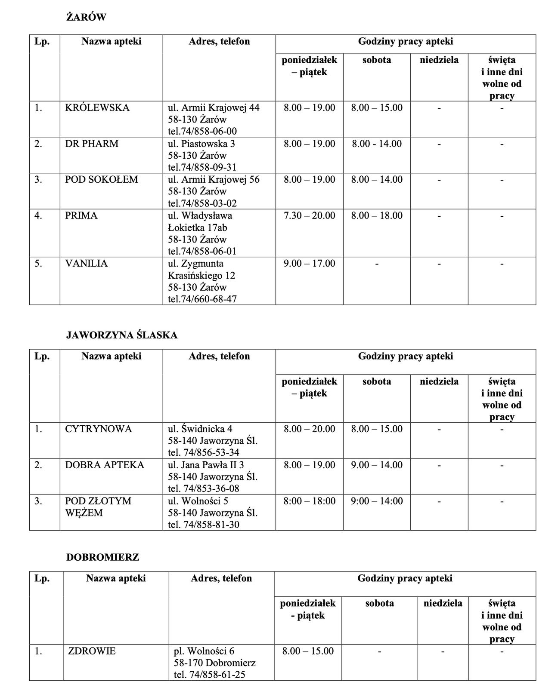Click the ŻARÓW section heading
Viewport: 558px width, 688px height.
86,17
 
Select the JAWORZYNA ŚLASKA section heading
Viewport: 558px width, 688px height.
122,335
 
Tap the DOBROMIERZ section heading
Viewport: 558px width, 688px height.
102,557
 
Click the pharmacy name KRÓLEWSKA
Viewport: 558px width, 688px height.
97,107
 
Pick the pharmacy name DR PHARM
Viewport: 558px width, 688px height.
92,144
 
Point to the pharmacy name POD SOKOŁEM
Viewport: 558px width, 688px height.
102,179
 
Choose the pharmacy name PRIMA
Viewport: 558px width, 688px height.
81,215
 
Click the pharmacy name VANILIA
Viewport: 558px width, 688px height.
86,263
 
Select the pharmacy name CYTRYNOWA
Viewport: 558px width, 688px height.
98,429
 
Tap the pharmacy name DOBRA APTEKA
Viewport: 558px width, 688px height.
105,465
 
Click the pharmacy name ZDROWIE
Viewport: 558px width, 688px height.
92,651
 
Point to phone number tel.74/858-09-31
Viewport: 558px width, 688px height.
202,167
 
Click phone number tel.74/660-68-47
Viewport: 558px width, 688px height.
202,299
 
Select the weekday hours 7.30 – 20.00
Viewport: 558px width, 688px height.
309,215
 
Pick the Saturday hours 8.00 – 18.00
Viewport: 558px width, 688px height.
377,215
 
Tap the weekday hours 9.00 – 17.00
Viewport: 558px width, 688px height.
309,263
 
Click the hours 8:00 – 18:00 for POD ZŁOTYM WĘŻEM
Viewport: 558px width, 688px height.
309,501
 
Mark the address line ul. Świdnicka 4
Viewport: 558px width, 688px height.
200,429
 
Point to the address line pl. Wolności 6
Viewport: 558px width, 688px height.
204,651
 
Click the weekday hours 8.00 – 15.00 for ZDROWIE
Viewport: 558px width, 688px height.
308,651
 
